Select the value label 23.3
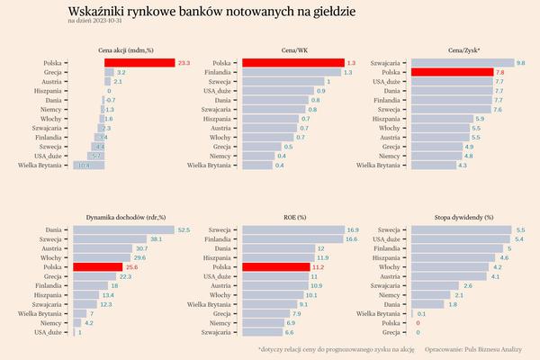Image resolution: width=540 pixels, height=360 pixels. [x=184, y=62]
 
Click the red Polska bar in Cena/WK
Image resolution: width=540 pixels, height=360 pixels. [x=292, y=62]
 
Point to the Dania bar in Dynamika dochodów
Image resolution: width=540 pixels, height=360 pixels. [x=123, y=230]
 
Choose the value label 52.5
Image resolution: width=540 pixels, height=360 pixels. [x=184, y=230]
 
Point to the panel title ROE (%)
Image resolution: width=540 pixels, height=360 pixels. [x=294, y=218]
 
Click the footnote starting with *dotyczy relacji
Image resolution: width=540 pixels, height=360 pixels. [x=336, y=347]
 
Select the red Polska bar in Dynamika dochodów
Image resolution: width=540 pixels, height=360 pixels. [x=97, y=267]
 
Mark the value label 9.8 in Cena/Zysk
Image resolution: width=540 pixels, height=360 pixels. [x=521, y=62]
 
